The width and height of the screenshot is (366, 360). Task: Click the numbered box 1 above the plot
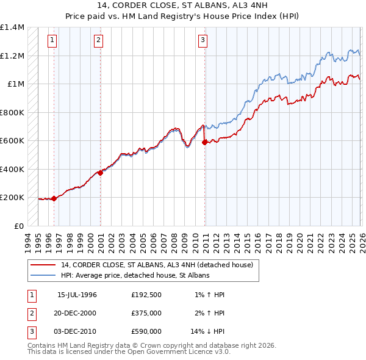pyautogui.click(x=52, y=41)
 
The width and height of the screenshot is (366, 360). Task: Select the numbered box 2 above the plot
pyautogui.click(x=98, y=41)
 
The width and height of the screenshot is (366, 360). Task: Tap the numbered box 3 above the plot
pyautogui.click(x=203, y=41)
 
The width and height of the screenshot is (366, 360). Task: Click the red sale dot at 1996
pyautogui.click(x=54, y=198)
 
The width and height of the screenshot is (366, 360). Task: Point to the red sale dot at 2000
pyautogui.click(x=101, y=173)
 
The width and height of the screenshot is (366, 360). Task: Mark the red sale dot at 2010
pyautogui.click(x=204, y=142)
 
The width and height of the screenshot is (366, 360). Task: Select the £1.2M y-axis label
pyautogui.click(x=12, y=56)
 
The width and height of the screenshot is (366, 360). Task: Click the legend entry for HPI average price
pyautogui.click(x=135, y=276)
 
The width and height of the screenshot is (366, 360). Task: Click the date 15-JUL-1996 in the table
pyautogui.click(x=77, y=295)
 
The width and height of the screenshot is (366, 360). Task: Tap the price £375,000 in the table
pyautogui.click(x=146, y=313)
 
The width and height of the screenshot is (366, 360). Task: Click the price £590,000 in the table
pyautogui.click(x=146, y=331)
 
